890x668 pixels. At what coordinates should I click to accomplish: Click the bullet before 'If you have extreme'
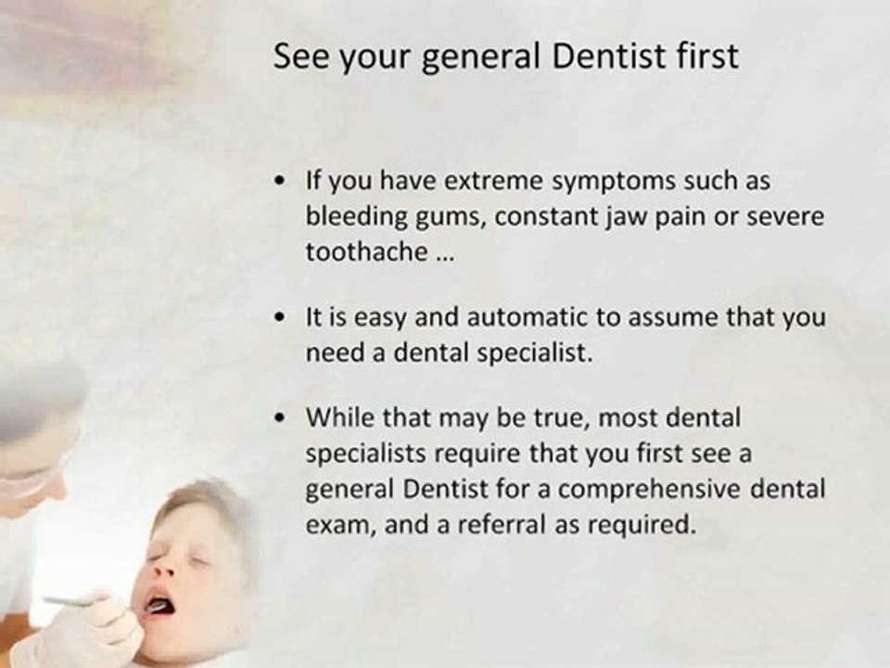pos(280,182)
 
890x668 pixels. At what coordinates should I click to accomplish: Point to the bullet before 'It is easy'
pos(280,317)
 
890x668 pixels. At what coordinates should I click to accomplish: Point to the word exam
pos(331,525)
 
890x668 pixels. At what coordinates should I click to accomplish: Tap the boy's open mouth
pos(158,607)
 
